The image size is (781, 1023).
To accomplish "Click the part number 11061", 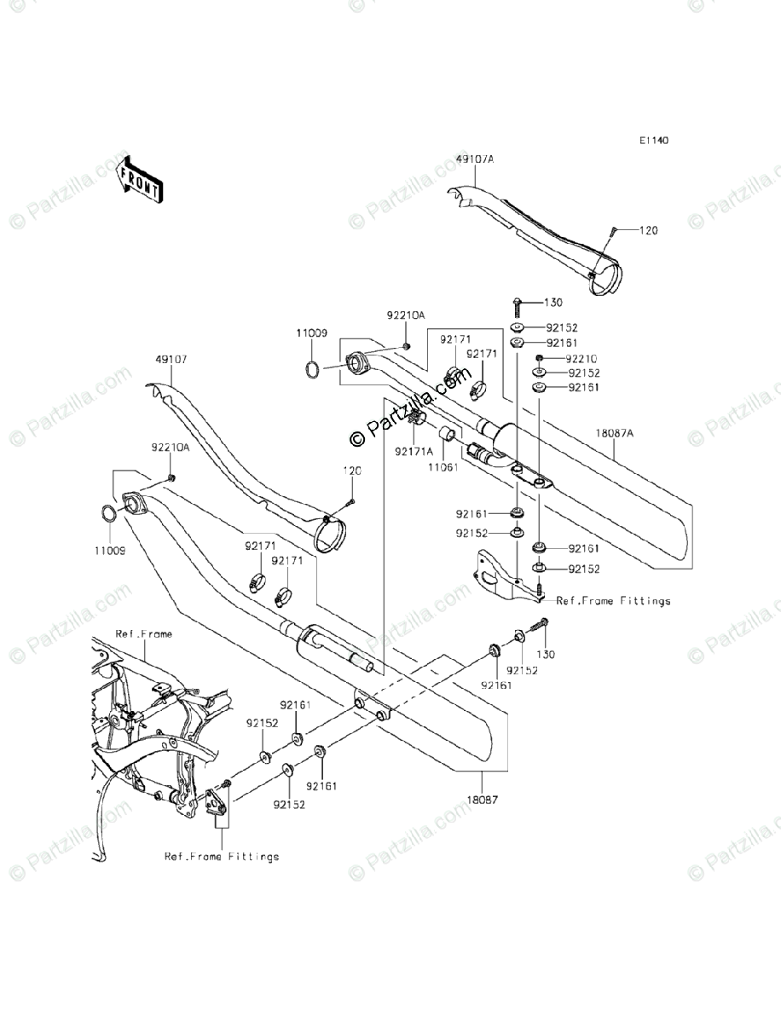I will (443, 468).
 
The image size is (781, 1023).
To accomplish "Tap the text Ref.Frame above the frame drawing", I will (144, 634).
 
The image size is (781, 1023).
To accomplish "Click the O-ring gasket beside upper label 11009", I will (313, 370).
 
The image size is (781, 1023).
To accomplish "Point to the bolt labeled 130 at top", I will (518, 303).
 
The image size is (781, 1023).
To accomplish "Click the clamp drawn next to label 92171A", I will (417, 420).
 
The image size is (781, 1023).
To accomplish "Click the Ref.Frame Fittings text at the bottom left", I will (222, 857).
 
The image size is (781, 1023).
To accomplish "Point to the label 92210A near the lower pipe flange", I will (171, 447).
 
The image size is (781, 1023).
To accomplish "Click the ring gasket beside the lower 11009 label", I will (109, 514).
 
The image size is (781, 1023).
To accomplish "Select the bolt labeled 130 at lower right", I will (541, 627).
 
